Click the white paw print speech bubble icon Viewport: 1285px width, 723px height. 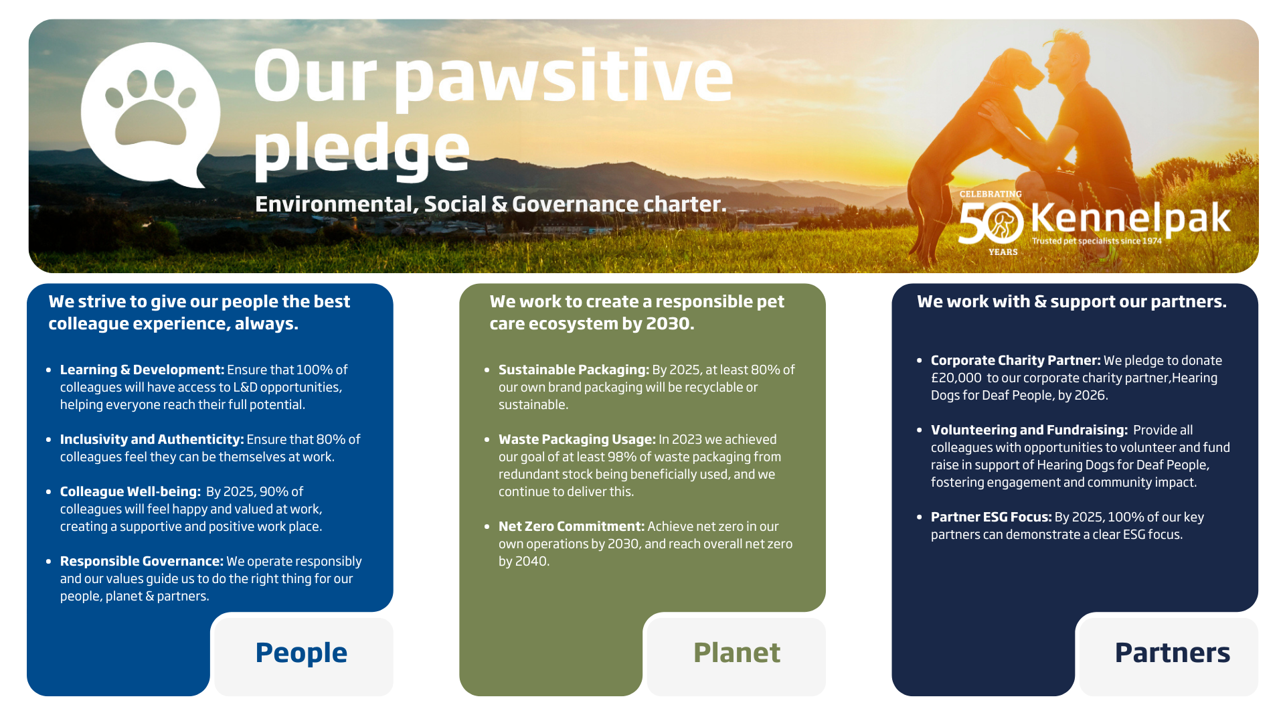151,114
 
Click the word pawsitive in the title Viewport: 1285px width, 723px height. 564,79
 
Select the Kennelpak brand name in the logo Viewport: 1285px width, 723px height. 1130,218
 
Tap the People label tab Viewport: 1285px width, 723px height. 302,653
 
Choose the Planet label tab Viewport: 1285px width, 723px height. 737,653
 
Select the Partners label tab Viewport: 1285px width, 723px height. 1172,653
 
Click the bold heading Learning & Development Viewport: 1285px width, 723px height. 142,370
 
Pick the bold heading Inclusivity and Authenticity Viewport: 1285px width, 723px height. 152,439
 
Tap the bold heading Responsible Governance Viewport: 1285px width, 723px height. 141,561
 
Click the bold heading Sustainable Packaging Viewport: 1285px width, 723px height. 574,370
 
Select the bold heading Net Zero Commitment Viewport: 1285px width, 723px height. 572,526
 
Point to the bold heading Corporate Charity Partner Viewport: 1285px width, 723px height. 1015,360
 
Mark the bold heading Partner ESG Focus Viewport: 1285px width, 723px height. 991,517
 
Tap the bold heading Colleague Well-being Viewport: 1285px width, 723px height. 130,491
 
